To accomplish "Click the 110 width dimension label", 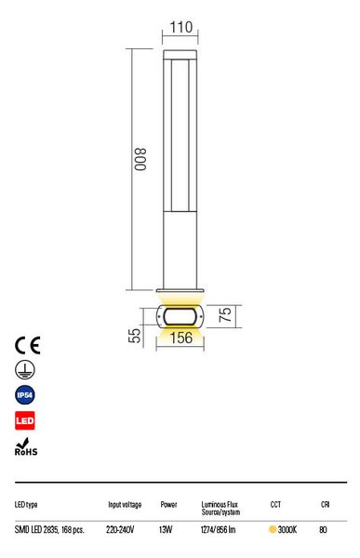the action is tap(181, 27).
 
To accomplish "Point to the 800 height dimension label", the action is tap(140, 159).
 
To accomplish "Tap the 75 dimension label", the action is tap(225, 315).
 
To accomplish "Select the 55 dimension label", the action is tap(134, 335).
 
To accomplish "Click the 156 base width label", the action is tap(181, 338).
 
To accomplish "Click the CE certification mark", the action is tap(27, 345).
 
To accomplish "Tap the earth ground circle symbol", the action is tap(25, 370).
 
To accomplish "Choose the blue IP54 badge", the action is tap(25, 395).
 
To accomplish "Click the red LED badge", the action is tap(25, 420).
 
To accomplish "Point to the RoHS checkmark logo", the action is tap(26, 447).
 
